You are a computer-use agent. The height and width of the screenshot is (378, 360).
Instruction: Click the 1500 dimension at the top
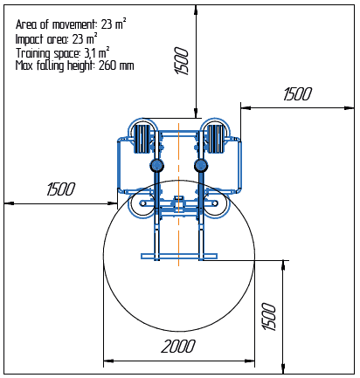pos(182,60)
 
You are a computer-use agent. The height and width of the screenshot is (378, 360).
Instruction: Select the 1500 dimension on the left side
pos(60,189)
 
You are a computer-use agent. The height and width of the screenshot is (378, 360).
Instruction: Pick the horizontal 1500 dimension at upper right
pos(298,94)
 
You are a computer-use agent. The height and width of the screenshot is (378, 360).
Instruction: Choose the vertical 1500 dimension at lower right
pos(268,316)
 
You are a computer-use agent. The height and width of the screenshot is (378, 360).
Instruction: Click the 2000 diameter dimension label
pos(178,346)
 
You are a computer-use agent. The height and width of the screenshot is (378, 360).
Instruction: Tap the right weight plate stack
pos(215,140)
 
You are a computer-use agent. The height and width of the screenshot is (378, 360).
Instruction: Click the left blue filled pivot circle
pos(156,165)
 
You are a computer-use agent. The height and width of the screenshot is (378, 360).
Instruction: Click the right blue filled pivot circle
pos(201,165)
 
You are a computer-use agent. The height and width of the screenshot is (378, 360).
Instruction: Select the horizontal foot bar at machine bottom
pos(178,256)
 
